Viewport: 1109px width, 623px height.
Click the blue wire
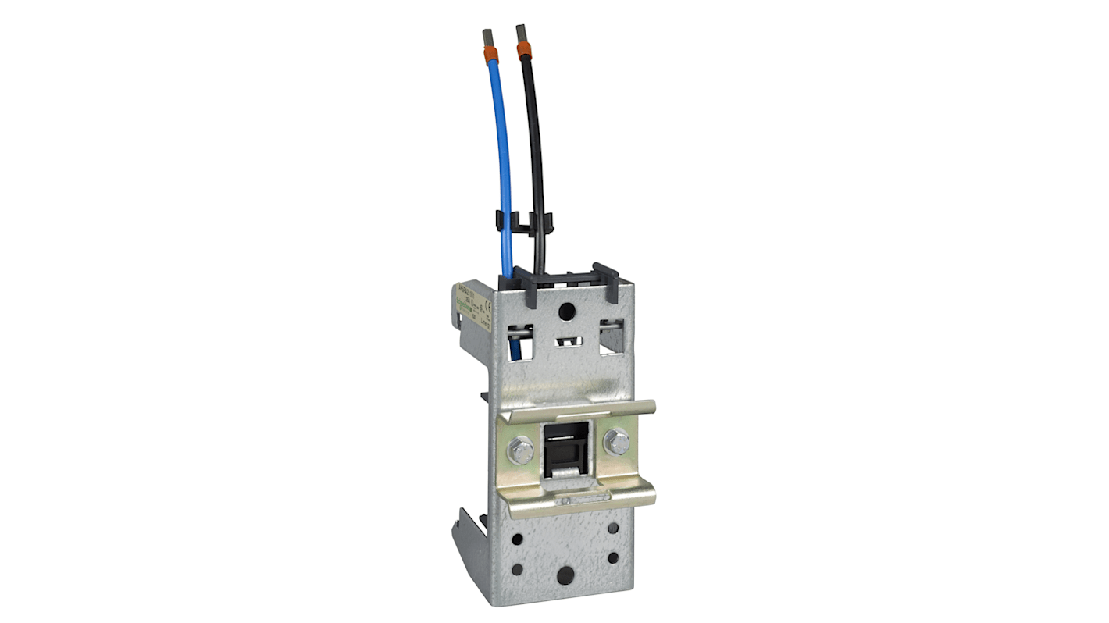(x=501, y=156)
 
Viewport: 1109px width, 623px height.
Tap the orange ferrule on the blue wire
(x=492, y=55)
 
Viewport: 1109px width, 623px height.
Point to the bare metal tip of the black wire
(x=519, y=34)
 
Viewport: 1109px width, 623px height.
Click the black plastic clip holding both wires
(x=522, y=222)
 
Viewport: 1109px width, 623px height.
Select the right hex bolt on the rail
(x=617, y=442)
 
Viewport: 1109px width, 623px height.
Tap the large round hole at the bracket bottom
(x=565, y=577)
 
